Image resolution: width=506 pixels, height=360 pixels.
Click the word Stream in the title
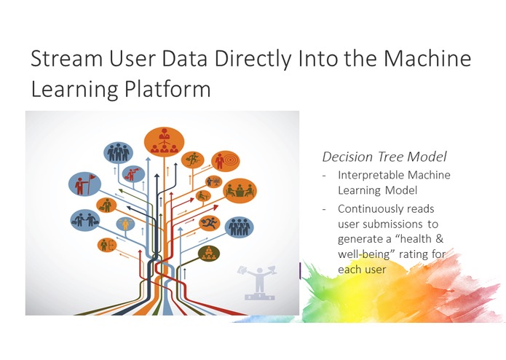click(66, 58)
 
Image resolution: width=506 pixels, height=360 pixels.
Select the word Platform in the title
click(167, 89)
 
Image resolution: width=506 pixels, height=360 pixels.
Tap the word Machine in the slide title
click(427, 58)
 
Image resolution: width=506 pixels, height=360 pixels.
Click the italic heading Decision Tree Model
click(384, 157)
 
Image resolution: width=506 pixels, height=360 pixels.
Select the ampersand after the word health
click(439, 239)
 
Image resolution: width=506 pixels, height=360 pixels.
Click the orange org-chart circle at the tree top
click(164, 141)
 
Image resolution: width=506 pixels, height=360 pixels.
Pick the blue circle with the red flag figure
click(84, 184)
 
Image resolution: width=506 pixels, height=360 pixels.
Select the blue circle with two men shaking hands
click(85, 221)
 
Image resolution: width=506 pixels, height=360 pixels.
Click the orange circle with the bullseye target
click(226, 161)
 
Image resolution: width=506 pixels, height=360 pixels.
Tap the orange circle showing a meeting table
click(240, 190)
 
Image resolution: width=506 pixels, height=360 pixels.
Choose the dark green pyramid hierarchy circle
click(209, 254)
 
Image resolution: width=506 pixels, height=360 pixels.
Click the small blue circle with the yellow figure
click(125, 224)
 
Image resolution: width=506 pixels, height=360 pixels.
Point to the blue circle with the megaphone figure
click(134, 174)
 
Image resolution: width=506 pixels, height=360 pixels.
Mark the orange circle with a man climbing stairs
click(193, 160)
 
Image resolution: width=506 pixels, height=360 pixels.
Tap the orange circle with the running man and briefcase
click(210, 223)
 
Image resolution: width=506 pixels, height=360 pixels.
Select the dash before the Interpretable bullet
click(324, 176)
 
